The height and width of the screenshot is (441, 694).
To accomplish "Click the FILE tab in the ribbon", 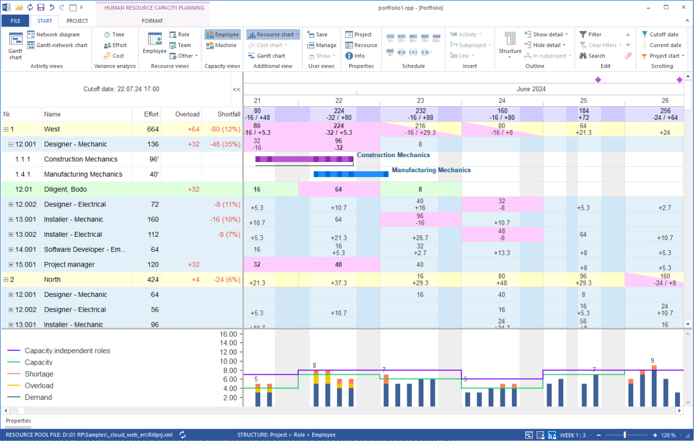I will [15, 21].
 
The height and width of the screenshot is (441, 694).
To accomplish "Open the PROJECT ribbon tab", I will [77, 21].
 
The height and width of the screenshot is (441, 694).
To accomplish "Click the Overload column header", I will [187, 114].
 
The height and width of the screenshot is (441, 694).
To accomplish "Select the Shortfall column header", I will [228, 114].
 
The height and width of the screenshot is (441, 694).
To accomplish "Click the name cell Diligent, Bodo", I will [65, 190].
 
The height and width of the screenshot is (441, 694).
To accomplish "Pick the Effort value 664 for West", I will [152, 129].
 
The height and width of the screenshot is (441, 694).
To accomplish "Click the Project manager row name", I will [69, 265].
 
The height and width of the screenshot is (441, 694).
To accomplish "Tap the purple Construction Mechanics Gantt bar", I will [304, 159].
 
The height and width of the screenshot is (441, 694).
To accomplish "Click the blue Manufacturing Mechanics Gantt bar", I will [351, 174].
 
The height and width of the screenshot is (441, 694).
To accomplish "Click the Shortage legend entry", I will [39, 374].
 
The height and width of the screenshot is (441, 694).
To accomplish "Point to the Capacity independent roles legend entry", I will [67, 351].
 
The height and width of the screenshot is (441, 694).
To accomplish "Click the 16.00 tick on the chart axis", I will [228, 334].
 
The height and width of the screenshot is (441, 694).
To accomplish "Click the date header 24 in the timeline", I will [502, 101].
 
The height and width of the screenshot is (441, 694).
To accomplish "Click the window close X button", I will [682, 7].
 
